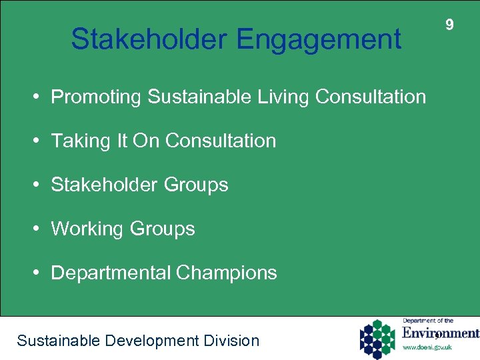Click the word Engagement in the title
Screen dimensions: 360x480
pos(318,39)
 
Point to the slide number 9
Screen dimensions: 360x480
pos(449,25)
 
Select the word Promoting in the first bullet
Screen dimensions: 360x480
pos(97,97)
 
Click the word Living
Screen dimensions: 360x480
pos(283,97)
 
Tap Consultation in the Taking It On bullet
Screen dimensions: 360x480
pos(221,141)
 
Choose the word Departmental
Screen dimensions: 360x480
pos(111,273)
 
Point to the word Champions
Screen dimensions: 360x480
pos(227,273)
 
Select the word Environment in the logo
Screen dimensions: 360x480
pos(440,333)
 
